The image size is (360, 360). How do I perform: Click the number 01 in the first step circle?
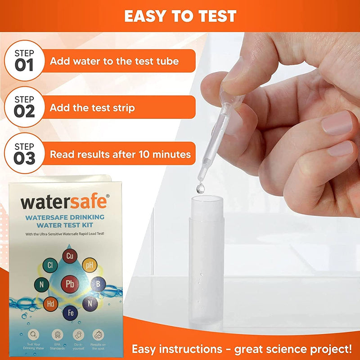(24, 65)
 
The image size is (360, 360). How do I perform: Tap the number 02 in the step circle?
(24, 111)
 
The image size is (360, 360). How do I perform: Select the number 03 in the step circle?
(24, 157)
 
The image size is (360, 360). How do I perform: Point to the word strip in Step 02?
(122, 108)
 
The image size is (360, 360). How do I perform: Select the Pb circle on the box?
(70, 283)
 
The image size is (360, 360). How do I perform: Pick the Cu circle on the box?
(69, 256)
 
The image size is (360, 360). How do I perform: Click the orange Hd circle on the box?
(50, 303)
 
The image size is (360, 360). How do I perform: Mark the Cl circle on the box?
(50, 265)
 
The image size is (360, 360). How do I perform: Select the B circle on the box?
(98, 284)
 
